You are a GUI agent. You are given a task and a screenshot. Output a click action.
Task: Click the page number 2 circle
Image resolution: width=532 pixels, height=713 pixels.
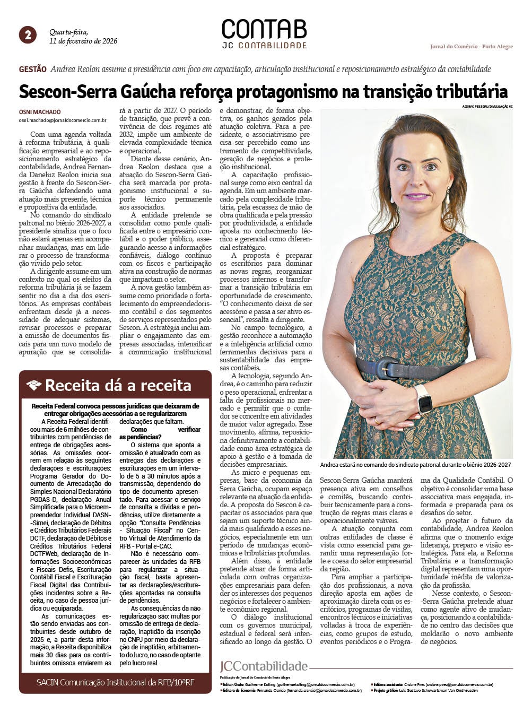point(28,35)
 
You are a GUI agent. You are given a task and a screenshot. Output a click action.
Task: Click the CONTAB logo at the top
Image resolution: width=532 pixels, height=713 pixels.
point(264,30)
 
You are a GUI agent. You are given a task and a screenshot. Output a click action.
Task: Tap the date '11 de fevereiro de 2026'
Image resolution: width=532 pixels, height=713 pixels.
point(83,41)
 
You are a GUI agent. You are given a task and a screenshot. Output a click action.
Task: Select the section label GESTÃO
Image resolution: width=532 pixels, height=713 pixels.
point(33,69)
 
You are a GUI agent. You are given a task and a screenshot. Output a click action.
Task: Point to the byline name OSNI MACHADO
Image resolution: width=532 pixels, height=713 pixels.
point(40,112)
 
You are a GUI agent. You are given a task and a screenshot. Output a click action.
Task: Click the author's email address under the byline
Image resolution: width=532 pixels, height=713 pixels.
point(63,120)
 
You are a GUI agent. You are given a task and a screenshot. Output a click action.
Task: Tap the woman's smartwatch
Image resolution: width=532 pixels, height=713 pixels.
point(424,399)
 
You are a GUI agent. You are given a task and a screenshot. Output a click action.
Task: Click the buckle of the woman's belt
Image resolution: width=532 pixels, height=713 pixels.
point(386,368)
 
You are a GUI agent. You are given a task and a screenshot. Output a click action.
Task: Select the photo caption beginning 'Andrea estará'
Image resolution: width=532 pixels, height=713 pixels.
point(415,465)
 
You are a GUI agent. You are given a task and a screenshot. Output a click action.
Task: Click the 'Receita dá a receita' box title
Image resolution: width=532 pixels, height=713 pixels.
point(118,385)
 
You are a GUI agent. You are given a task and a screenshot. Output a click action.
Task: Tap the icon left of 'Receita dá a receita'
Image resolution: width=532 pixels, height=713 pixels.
point(34,385)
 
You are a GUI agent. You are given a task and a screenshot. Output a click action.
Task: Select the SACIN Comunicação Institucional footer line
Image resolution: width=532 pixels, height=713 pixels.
point(115,682)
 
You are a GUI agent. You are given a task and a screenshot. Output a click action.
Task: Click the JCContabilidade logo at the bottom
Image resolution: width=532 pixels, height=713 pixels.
point(264,666)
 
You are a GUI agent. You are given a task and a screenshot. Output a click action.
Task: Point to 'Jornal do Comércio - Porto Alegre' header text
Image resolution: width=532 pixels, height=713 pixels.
point(471,47)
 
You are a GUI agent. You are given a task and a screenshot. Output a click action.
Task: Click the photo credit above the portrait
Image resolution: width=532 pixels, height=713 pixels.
point(487,107)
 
